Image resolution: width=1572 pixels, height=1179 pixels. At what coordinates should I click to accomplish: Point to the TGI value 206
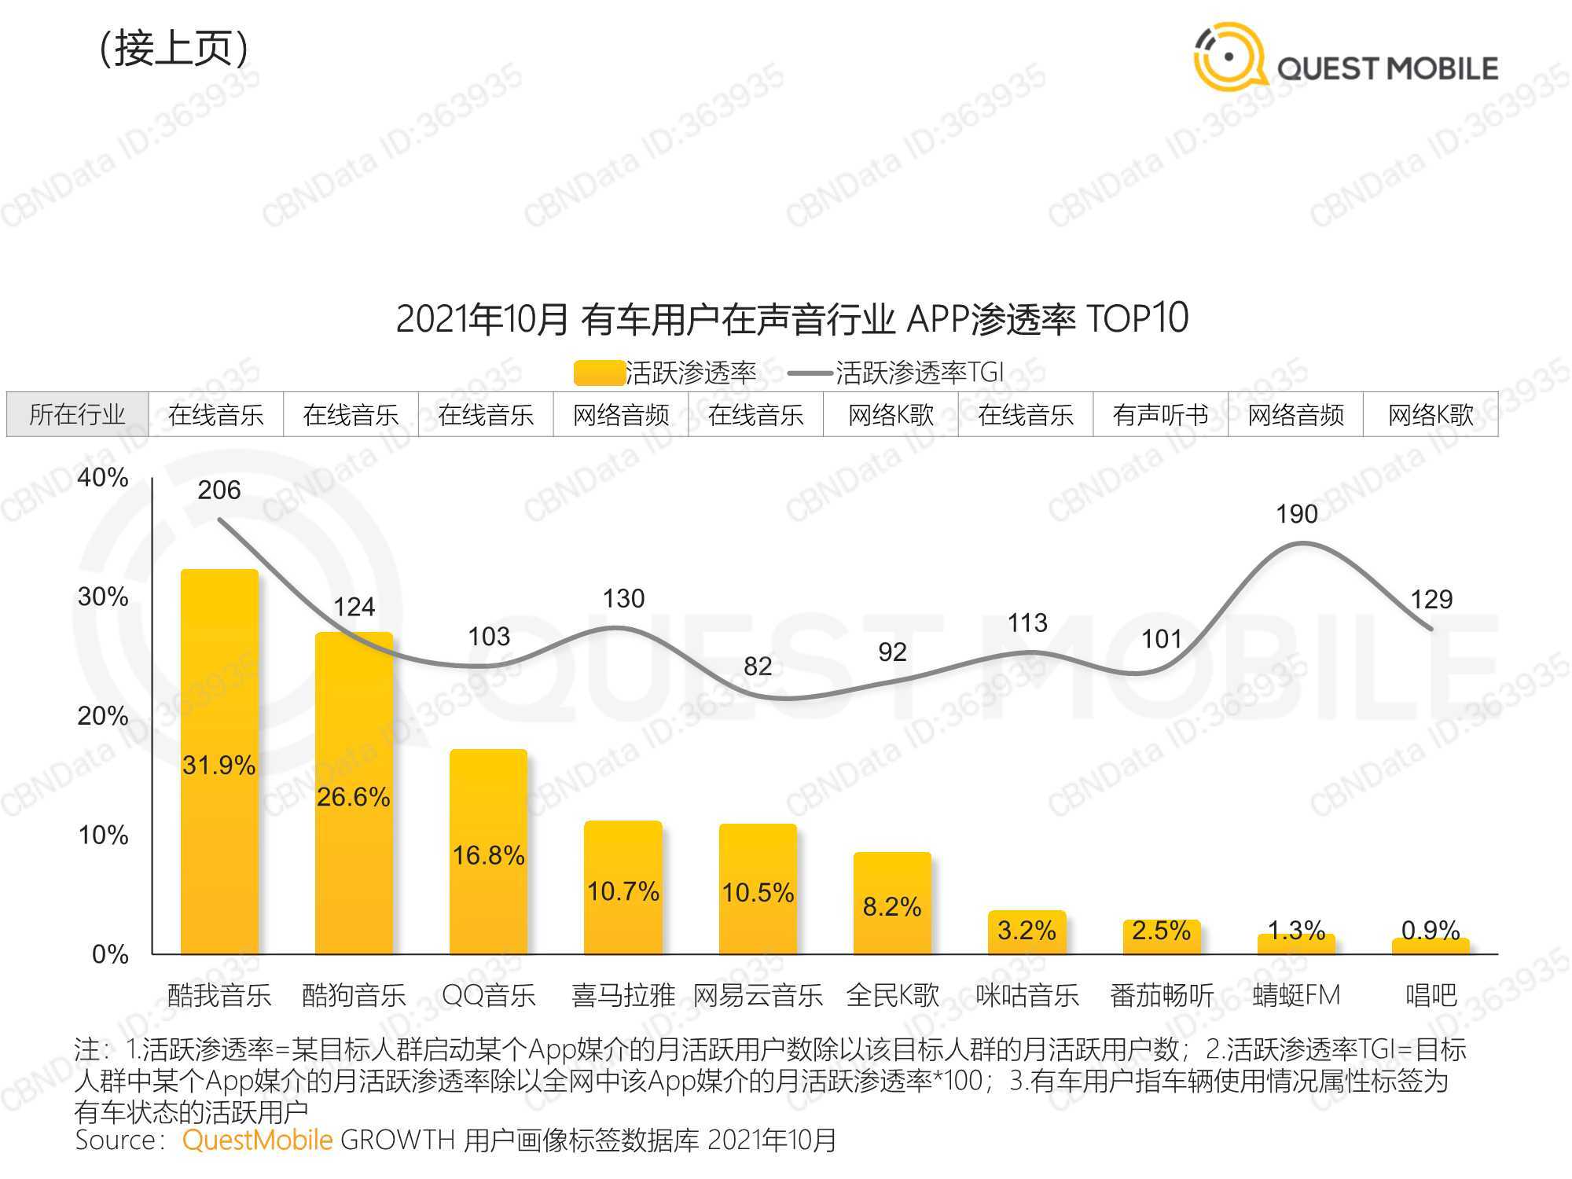point(219,490)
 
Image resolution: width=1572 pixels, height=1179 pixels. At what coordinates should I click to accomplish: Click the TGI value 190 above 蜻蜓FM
point(1296,515)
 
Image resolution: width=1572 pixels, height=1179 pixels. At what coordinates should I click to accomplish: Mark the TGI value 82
point(758,667)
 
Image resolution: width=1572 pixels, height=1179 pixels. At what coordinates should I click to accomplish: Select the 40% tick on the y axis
point(103,477)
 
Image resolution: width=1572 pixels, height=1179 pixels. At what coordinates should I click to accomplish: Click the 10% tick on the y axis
point(103,835)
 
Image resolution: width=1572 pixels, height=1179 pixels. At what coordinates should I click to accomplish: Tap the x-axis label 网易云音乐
point(758,996)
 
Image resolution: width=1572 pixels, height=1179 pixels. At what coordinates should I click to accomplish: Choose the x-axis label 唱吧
point(1431,996)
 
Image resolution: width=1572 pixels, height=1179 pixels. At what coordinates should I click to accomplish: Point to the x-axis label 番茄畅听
point(1161,996)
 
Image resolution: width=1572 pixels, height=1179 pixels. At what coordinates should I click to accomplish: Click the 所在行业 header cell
point(77,414)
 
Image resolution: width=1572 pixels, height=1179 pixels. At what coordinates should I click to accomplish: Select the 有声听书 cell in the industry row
point(1160,414)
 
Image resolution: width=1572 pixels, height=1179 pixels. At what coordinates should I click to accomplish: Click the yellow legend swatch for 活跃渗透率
point(598,373)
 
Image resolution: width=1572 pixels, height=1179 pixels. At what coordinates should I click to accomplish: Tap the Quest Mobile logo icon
point(1229,57)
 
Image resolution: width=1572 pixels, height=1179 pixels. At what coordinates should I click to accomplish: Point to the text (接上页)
point(174,49)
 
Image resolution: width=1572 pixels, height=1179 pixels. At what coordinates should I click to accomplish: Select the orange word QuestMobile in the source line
point(257,1140)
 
